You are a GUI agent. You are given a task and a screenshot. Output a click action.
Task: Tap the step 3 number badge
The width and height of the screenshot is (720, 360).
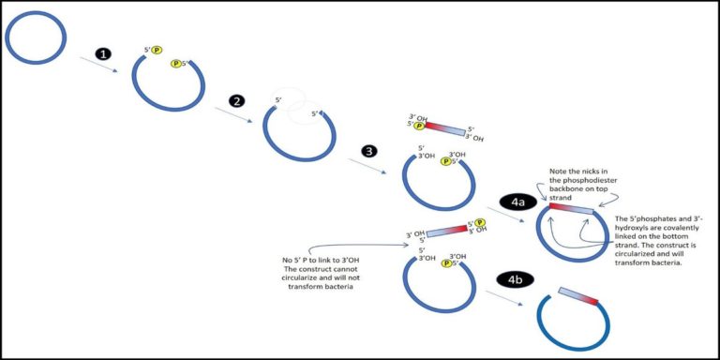pyautogui.click(x=371, y=151)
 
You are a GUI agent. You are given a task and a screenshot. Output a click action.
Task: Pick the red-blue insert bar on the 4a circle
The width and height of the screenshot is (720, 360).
pyautogui.click(x=571, y=208)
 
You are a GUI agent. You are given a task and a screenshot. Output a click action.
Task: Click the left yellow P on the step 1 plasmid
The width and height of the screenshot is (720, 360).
pyautogui.click(x=157, y=50)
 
